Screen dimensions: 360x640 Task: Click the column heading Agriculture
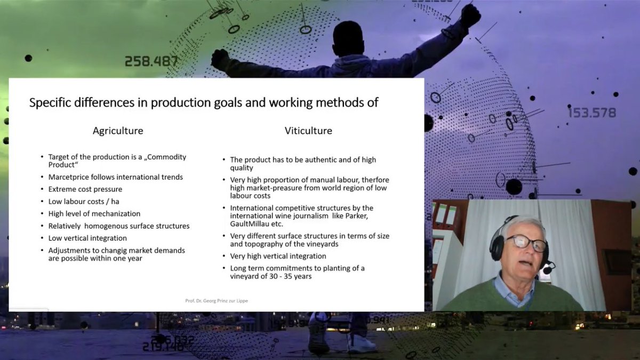[118, 131]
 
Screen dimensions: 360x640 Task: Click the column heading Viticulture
[308, 131]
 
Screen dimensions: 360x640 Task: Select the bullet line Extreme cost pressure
[85, 189]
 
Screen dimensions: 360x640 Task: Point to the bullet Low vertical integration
[87, 238]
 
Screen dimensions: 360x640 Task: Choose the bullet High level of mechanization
[94, 213]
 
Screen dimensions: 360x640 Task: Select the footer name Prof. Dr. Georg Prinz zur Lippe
[217, 301]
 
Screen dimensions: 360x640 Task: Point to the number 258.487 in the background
[151, 61]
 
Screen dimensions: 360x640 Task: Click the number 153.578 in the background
[591, 113]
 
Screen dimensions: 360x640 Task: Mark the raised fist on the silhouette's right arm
[470, 15]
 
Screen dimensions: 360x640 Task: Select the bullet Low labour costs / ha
[83, 202]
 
